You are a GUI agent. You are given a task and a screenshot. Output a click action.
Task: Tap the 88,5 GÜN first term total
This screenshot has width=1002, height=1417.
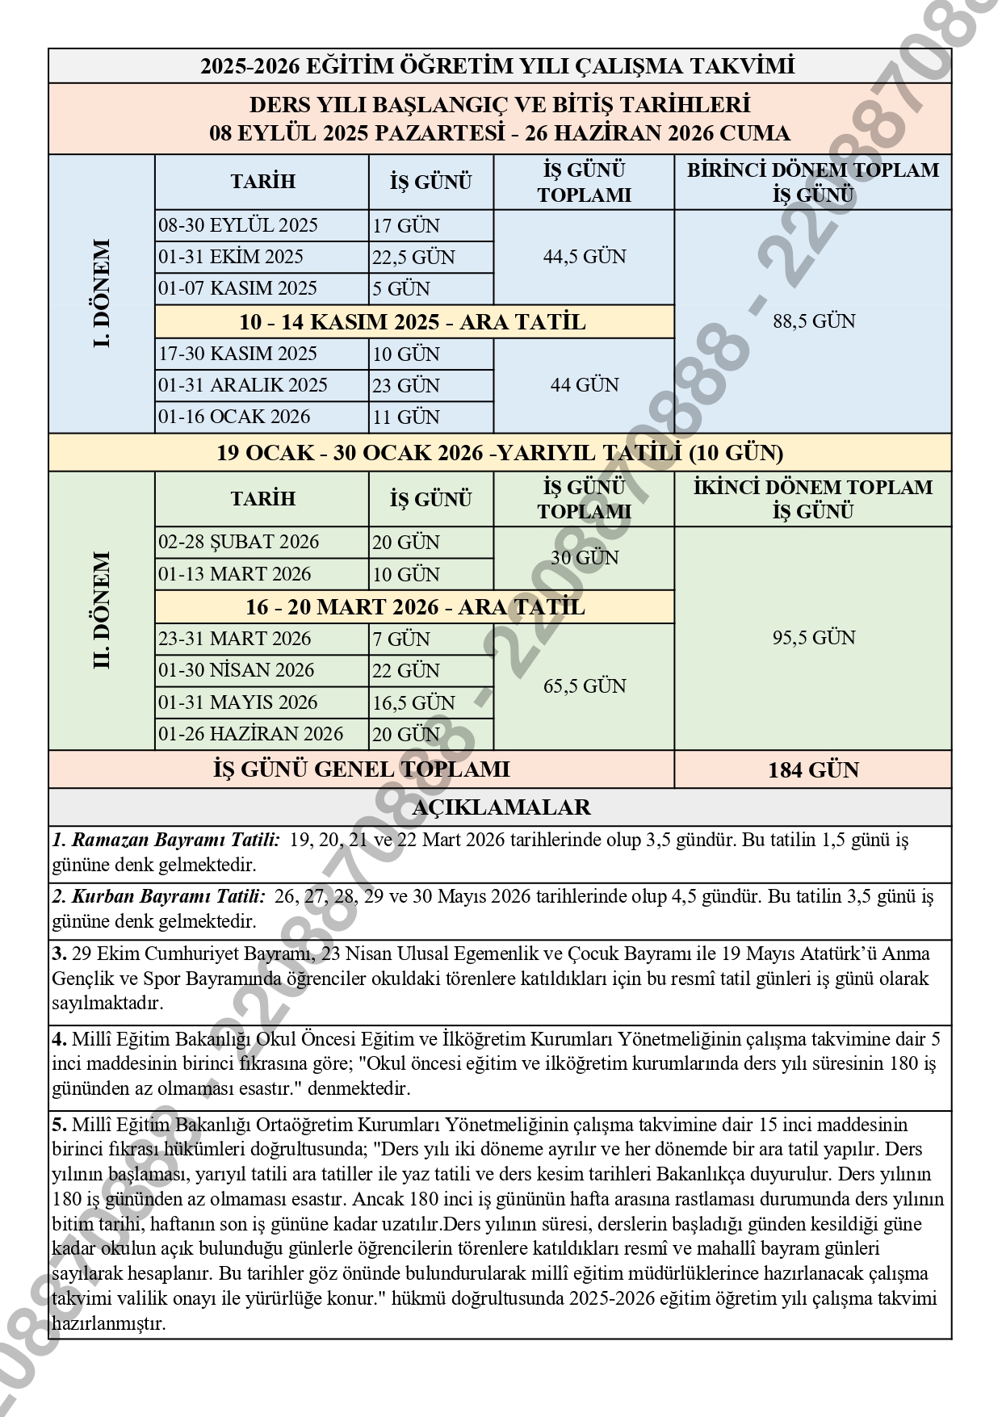pyautogui.click(x=813, y=321)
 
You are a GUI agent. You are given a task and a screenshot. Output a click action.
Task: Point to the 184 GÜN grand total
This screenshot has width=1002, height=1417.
pyautogui.click(x=813, y=769)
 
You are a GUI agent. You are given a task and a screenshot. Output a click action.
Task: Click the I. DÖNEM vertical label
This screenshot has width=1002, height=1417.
pyautogui.click(x=102, y=293)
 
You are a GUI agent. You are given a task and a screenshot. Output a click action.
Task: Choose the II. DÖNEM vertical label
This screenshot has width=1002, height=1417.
pyautogui.click(x=102, y=610)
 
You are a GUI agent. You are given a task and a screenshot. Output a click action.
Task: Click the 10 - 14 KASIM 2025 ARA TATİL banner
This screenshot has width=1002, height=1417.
pyautogui.click(x=413, y=322)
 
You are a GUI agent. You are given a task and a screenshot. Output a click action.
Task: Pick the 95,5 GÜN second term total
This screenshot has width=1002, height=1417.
pyautogui.click(x=813, y=638)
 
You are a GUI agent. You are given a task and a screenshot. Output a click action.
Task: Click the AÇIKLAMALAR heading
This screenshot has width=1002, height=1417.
pyautogui.click(x=501, y=807)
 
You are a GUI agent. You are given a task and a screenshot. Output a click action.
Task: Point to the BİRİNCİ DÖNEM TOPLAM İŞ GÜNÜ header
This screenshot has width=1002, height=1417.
pyautogui.click(x=813, y=182)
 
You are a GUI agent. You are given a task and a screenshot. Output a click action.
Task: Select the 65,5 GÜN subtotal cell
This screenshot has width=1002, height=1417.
pyautogui.click(x=584, y=686)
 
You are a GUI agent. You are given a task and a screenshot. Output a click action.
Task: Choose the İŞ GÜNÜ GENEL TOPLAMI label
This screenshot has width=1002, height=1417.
pyautogui.click(x=362, y=769)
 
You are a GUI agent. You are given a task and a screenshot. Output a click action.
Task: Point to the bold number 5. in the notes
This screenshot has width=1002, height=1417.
pyautogui.click(x=60, y=1125)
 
